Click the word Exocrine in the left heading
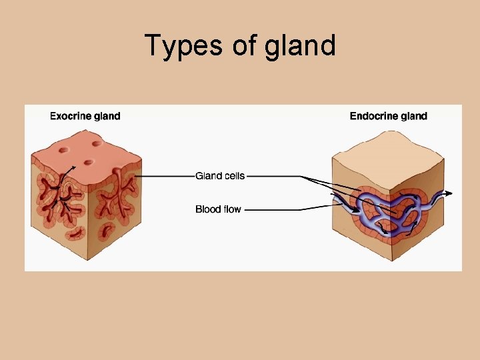pos(73,116)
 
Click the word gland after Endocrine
pos(415,116)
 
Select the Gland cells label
pos(220,176)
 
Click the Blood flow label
pos(218,209)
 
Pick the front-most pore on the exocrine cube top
pos(87,163)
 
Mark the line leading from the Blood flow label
pos(273,209)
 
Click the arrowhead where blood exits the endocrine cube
pos(450,193)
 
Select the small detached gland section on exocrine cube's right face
pos(107,231)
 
